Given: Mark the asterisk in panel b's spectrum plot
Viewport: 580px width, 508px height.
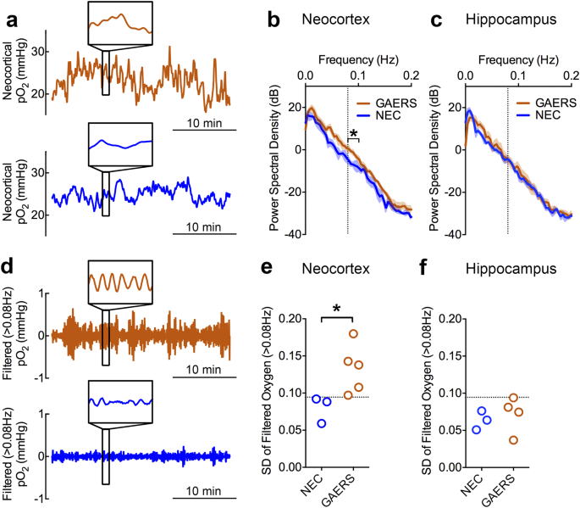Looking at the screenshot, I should coord(354,132).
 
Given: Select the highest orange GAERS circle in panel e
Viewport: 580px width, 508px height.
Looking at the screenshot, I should coord(354,334).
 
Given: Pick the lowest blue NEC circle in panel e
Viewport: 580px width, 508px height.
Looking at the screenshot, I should coord(322,423).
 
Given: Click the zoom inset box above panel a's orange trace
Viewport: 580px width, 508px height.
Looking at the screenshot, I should coord(119,23).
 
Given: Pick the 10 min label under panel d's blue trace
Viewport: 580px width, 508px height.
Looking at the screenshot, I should coord(201,490).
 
